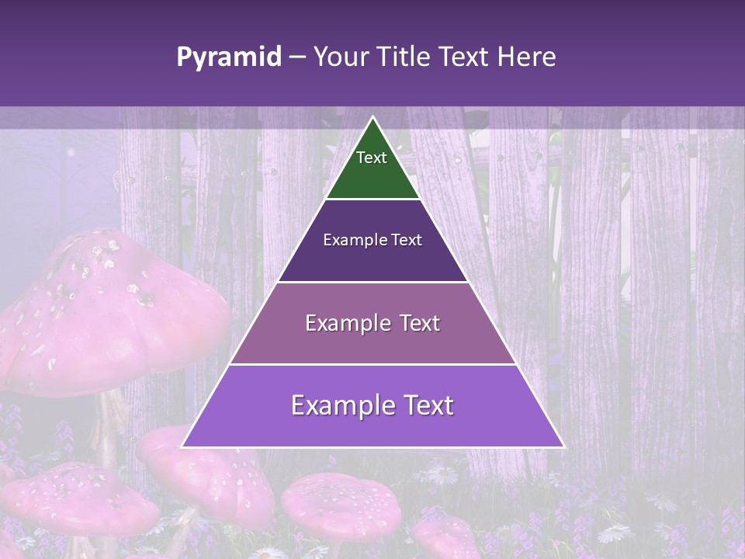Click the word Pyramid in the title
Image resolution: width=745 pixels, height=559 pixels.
tap(228, 57)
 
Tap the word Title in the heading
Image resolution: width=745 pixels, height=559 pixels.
tap(404, 57)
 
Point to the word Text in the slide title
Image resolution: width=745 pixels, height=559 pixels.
tap(466, 57)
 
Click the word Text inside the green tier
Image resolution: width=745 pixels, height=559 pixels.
tap(372, 158)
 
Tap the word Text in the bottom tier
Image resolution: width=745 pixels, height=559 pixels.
tap(426, 405)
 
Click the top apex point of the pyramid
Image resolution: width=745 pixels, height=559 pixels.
tap(372, 117)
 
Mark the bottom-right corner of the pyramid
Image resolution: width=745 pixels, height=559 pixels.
tap(563, 446)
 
